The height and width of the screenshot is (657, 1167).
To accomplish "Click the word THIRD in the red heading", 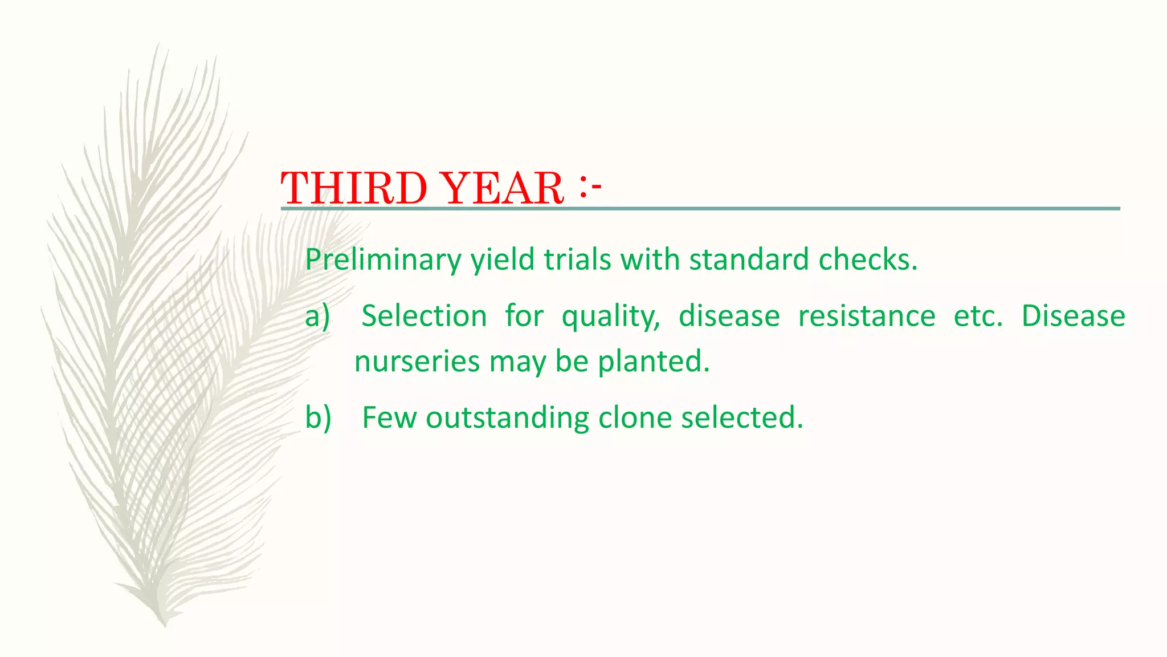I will (x=354, y=189).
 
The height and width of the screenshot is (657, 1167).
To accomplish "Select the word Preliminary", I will (x=383, y=260).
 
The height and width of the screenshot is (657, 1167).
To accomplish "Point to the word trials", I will (x=577, y=260).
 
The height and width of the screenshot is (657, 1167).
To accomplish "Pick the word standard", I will (x=749, y=260).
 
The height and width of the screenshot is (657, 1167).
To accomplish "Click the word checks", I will (x=868, y=260).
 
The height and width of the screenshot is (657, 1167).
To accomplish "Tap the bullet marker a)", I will (x=317, y=317).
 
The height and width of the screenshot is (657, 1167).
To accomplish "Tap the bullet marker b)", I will (x=318, y=417).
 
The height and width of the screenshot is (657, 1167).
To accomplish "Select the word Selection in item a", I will (x=424, y=316).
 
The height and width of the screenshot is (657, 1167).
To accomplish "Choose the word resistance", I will (x=866, y=316).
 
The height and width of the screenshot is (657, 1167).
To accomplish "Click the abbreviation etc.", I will (x=978, y=316).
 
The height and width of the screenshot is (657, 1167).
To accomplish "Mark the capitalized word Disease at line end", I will (x=1073, y=316).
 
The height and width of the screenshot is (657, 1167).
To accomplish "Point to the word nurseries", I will (x=417, y=362).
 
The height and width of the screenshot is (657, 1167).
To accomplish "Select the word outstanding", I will (x=507, y=418).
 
